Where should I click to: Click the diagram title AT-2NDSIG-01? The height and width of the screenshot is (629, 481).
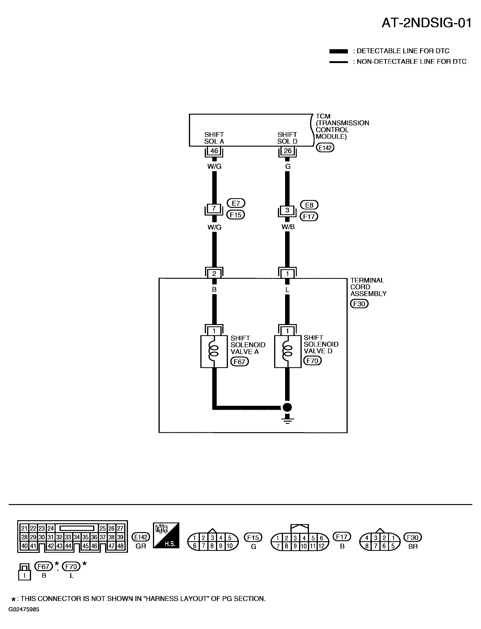[426, 23]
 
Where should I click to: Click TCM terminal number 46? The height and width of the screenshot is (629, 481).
[214, 151]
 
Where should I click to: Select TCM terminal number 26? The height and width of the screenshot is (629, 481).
[288, 151]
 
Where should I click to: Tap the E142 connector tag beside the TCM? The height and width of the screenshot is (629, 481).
[325, 148]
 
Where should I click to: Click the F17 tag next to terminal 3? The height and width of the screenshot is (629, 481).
[309, 216]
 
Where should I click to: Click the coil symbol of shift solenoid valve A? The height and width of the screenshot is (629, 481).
[214, 352]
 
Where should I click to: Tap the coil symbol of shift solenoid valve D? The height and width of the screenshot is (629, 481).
[287, 352]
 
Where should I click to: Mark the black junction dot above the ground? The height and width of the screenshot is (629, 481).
[287, 407]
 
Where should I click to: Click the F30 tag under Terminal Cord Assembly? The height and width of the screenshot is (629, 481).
[359, 304]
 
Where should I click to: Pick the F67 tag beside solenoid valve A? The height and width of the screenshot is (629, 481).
[240, 362]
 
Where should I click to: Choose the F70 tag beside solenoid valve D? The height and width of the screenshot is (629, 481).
[312, 361]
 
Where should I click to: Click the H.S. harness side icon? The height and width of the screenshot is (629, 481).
[166, 535]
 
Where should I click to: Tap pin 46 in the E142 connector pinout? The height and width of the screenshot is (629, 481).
[94, 546]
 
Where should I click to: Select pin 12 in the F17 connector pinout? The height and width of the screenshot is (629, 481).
[322, 546]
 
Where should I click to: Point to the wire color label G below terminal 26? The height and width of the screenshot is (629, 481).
[288, 166]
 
